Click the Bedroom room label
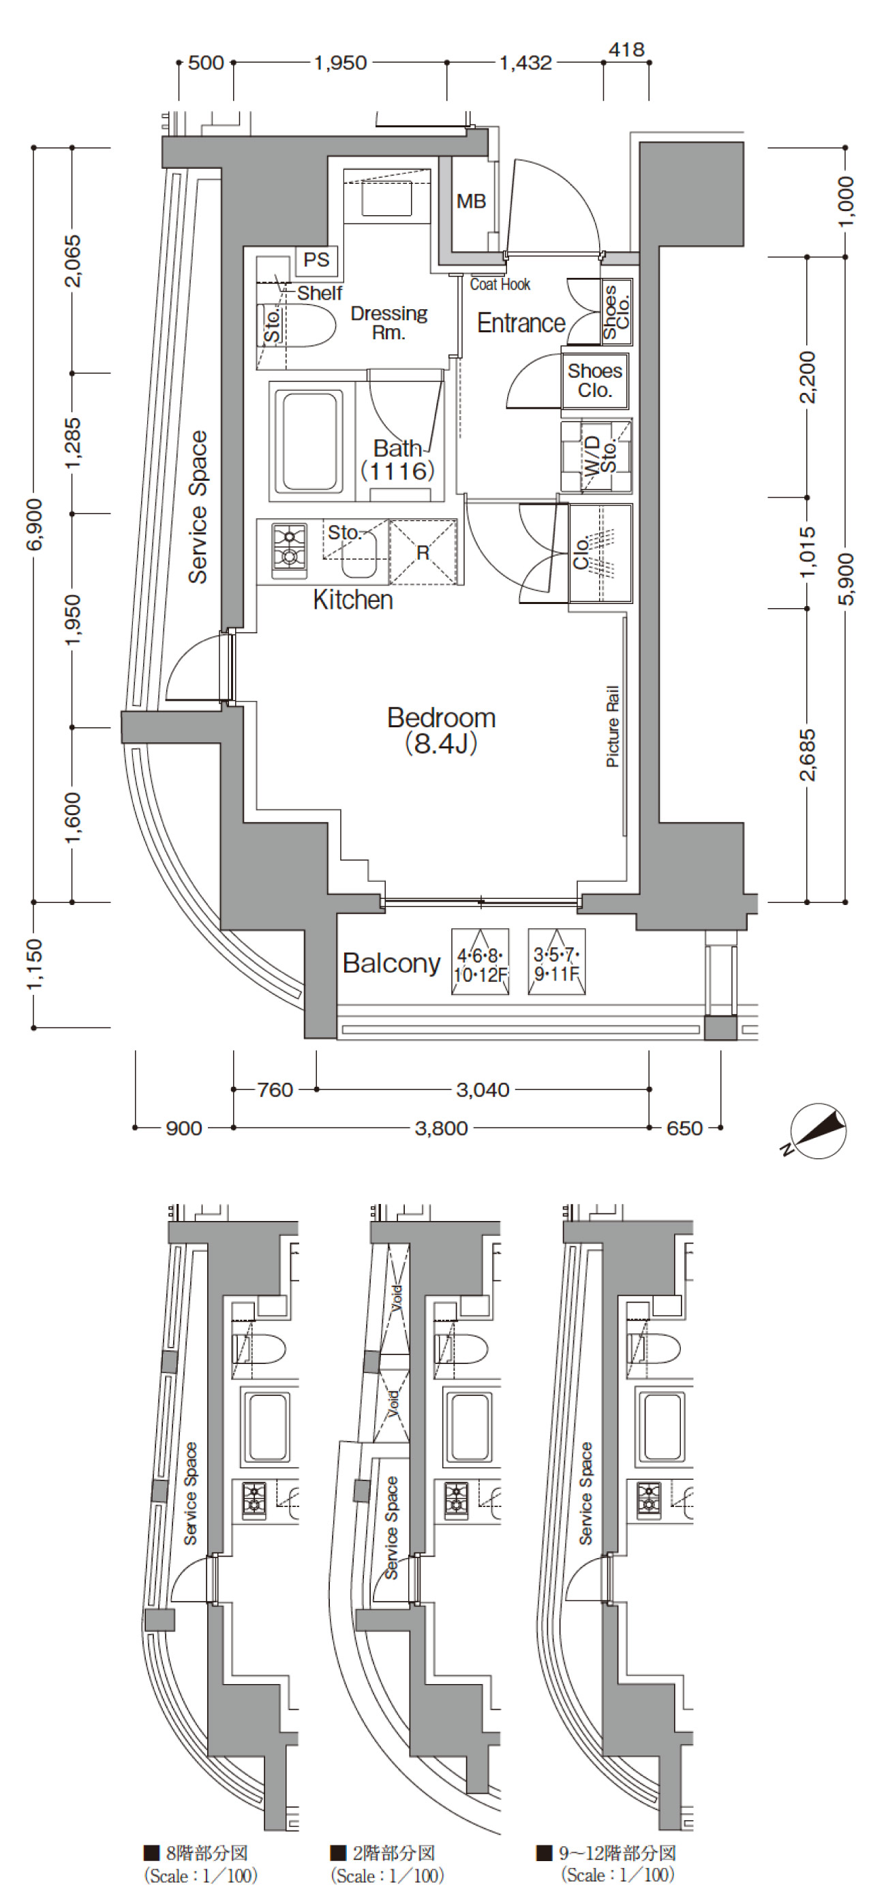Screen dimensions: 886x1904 pyautogui.click(x=442, y=718)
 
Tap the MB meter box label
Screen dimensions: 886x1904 pyautogui.click(x=471, y=201)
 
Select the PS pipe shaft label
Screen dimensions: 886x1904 pyautogui.click(x=316, y=260)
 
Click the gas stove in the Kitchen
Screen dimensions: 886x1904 pyautogui.click(x=289, y=551)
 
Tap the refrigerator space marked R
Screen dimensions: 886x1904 pyautogui.click(x=423, y=552)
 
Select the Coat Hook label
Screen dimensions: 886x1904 pyautogui.click(x=500, y=285)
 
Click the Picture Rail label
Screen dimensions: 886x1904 pyautogui.click(x=612, y=726)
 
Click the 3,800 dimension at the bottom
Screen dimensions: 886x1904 pyautogui.click(x=441, y=1128)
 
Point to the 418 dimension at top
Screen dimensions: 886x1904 pyautogui.click(x=626, y=50)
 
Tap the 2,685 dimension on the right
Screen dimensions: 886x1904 pyautogui.click(x=808, y=755)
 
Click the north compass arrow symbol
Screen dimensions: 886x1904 pyautogui.click(x=818, y=1131)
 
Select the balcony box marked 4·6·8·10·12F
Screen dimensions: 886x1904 pyautogui.click(x=480, y=961)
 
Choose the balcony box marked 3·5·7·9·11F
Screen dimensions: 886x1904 pyautogui.click(x=557, y=961)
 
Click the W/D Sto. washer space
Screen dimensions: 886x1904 pyautogui.click(x=596, y=457)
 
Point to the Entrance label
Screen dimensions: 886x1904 pyautogui.click(x=521, y=323)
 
